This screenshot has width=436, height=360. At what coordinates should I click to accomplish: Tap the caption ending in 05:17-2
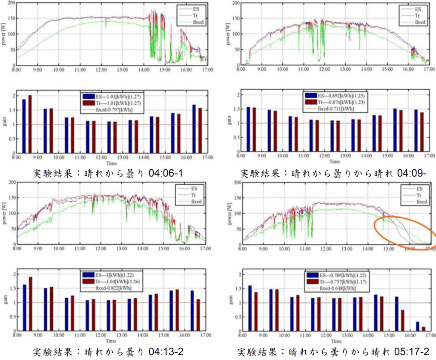[333, 352]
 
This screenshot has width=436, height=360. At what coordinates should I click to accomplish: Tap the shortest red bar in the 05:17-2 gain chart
[424, 329]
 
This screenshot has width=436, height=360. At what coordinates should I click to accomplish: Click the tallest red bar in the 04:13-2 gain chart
[30, 304]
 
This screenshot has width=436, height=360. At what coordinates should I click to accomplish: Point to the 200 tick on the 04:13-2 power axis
[11, 183]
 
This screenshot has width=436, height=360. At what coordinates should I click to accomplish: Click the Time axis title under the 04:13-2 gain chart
[112, 341]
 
